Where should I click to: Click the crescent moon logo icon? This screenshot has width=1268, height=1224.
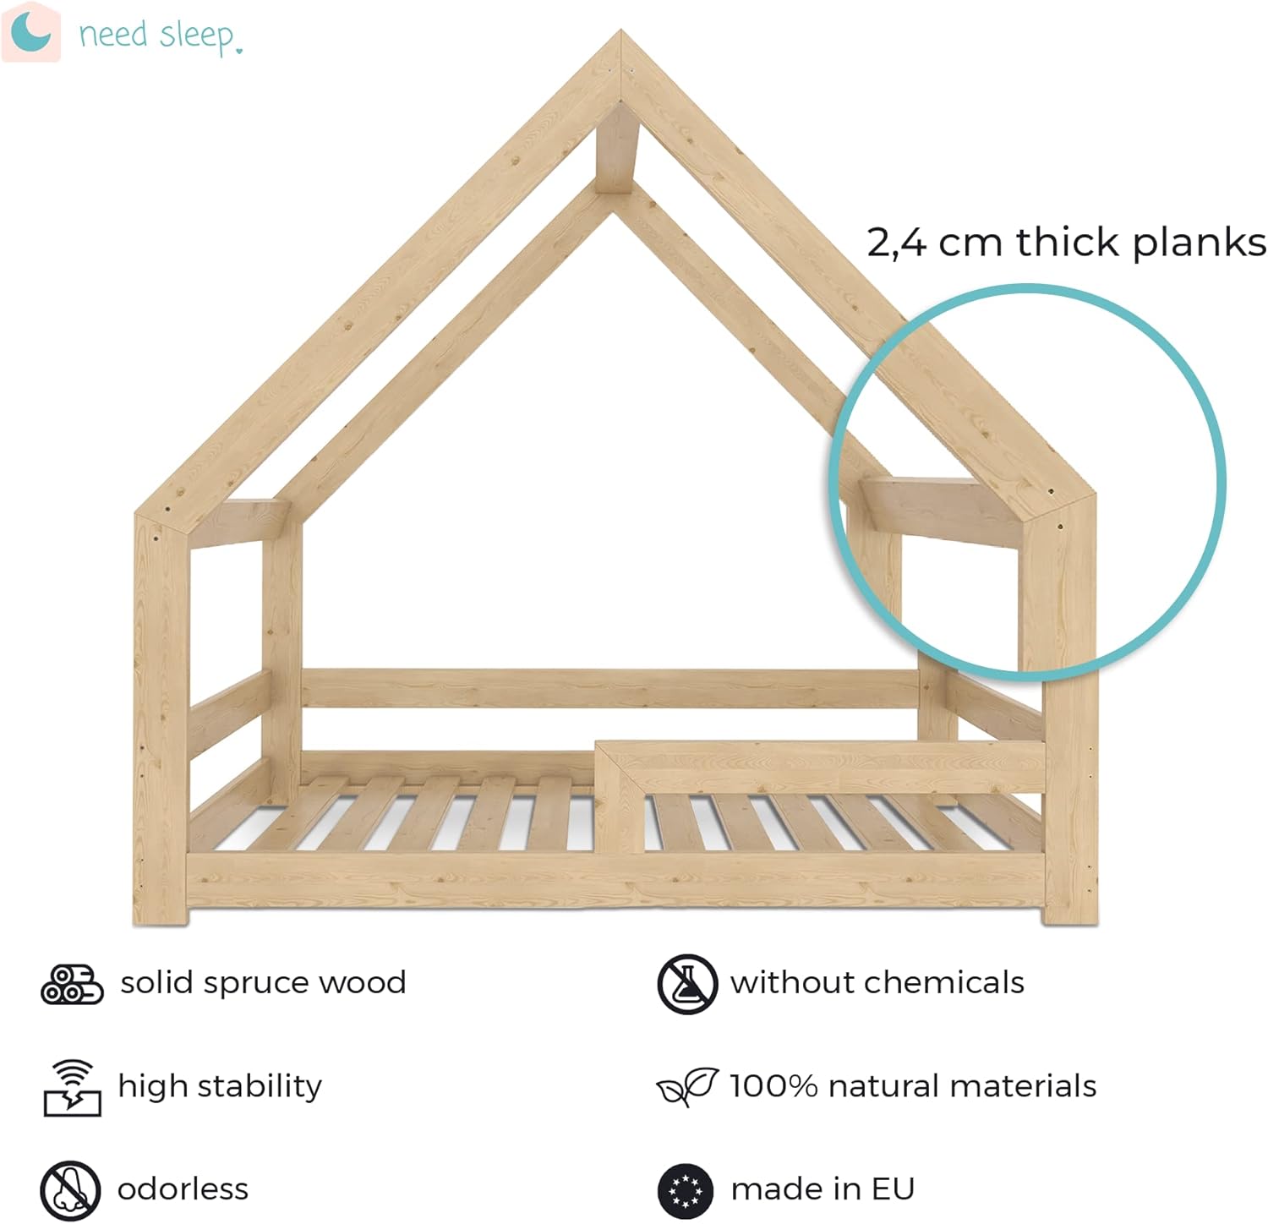click(x=30, y=32)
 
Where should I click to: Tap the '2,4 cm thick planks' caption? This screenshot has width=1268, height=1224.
click(x=1066, y=243)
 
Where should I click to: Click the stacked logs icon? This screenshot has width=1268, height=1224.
click(x=72, y=984)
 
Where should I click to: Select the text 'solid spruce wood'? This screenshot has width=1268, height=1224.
click(x=263, y=983)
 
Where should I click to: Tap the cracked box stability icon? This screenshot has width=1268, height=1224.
click(x=72, y=1087)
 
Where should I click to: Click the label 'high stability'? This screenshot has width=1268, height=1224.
click(x=220, y=1087)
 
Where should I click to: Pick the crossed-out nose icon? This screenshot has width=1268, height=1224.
click(x=70, y=1190)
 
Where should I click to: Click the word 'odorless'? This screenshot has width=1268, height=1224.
click(x=183, y=1189)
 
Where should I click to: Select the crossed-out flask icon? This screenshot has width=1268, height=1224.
click(x=687, y=984)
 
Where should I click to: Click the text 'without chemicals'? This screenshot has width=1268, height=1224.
click(x=877, y=983)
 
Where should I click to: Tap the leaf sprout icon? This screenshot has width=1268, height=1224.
click(x=687, y=1087)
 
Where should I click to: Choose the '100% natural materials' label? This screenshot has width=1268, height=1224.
click(x=913, y=1086)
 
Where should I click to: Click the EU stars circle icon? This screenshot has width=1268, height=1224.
click(x=686, y=1190)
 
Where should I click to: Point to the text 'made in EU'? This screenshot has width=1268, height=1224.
click(x=823, y=1189)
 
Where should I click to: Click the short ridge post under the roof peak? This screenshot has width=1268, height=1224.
click(x=616, y=150)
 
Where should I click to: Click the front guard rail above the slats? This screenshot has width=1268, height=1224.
click(x=820, y=765)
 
